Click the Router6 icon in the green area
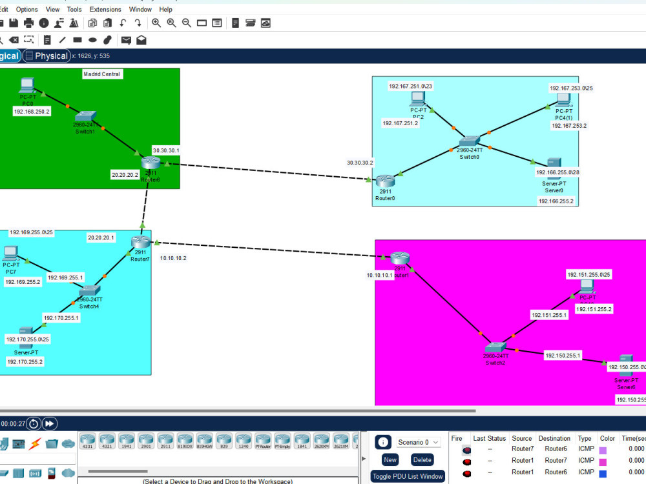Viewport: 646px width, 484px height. point(151,163)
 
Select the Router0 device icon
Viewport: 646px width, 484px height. point(384,181)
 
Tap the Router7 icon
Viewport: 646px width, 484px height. point(140,243)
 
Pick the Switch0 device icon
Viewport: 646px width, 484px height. point(470,141)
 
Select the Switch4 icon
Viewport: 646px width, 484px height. point(89,291)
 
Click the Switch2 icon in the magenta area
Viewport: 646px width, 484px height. point(495,347)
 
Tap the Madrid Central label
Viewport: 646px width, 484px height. point(102,74)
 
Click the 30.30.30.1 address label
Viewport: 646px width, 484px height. point(166,150)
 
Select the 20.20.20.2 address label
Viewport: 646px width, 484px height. point(125,174)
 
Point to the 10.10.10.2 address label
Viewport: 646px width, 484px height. point(173,258)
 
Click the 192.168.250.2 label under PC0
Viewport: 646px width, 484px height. point(32,111)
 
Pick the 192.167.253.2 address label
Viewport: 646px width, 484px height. point(568,126)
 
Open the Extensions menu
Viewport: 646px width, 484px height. point(105,10)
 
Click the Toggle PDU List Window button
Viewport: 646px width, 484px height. point(407,476)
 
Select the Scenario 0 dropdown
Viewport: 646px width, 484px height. point(418,442)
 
